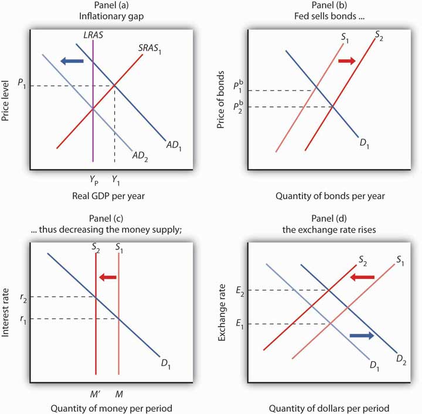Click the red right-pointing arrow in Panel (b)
[x=346, y=60]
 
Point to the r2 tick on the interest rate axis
[x=22, y=297]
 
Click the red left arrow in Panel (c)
[x=108, y=277]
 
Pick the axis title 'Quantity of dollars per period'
[x=329, y=408]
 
